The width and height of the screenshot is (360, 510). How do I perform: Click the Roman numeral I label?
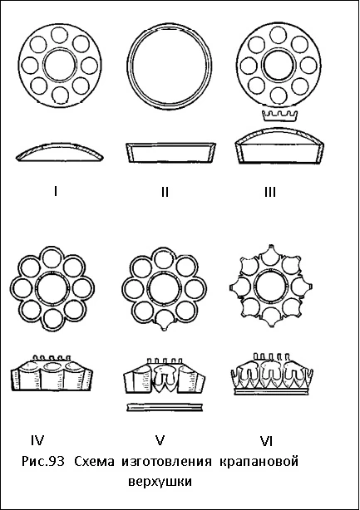tap(56, 191)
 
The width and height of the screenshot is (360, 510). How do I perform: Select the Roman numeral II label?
tap(165, 192)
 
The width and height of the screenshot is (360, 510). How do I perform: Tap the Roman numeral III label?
tap(270, 192)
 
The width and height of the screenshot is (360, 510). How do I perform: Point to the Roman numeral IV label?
tap(37, 440)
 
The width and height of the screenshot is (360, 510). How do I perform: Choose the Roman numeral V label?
tap(160, 440)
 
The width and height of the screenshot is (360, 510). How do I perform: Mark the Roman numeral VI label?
tap(266, 441)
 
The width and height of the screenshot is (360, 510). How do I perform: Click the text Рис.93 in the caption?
tap(43, 462)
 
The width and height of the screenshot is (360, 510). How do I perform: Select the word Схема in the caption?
tap(95, 462)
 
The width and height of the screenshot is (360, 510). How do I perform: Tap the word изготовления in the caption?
tap(166, 462)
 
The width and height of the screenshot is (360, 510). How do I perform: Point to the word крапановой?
tap(259, 462)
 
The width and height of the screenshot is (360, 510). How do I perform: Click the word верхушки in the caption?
tap(160, 482)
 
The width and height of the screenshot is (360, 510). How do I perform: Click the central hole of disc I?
tap(60, 66)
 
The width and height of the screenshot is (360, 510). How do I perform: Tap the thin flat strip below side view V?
tap(165, 406)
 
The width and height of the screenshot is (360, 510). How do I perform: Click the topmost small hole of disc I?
tap(60, 35)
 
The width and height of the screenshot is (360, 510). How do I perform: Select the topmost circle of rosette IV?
tap(52, 257)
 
